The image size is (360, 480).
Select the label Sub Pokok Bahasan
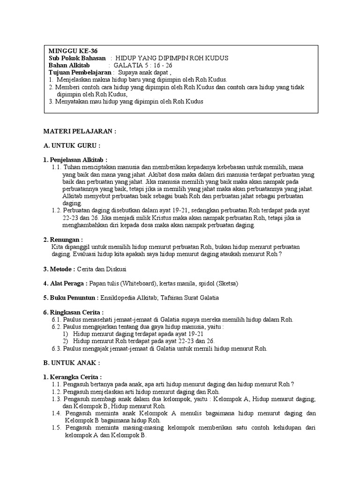pos(77,58)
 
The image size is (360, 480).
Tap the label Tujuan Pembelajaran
pos(80,73)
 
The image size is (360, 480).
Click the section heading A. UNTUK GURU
pos(72,145)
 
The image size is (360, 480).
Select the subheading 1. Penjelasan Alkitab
pos(75,160)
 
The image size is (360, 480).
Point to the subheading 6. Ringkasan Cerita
pos(73,312)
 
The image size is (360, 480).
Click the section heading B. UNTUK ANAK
pos(72,363)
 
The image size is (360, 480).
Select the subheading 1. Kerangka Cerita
pos(73,377)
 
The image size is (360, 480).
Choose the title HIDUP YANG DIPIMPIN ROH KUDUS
pos(172,58)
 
